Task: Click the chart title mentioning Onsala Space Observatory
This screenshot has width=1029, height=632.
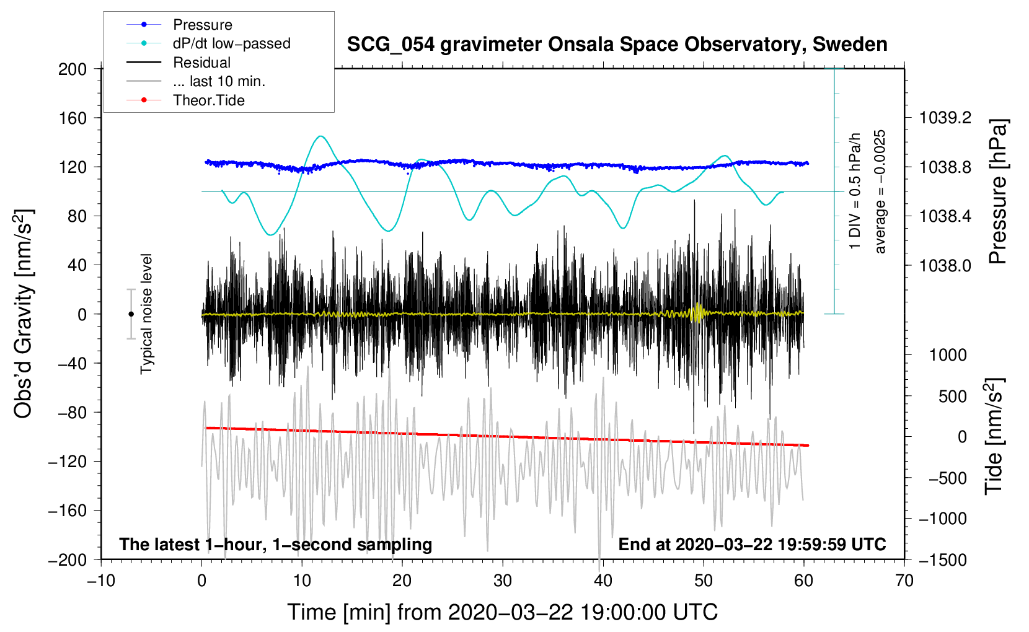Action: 617,45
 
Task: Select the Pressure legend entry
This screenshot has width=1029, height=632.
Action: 202,25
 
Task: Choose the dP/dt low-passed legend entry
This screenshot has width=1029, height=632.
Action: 231,43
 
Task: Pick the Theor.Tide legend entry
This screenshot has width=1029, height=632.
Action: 208,100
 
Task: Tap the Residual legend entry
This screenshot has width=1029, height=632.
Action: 201,63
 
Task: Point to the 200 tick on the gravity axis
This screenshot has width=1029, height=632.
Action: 73,69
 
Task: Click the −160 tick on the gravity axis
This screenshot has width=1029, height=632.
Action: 69,511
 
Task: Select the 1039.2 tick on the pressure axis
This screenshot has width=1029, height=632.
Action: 945,118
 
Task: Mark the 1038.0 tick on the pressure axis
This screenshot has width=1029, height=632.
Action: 945,265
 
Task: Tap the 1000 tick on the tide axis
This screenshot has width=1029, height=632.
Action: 948,355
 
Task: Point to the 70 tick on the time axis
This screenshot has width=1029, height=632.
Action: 904,581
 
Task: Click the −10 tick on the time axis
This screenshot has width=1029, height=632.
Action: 101,581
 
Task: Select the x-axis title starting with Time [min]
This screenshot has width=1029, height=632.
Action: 502,612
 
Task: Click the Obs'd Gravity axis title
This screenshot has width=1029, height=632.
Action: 24,314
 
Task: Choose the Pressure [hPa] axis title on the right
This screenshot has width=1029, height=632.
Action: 997,192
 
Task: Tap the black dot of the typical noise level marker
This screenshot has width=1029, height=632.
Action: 131,314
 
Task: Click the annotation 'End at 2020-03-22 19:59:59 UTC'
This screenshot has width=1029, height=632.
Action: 752,544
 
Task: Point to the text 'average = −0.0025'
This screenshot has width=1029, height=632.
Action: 880,191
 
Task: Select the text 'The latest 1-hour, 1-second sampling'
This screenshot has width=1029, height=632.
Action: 275,544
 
